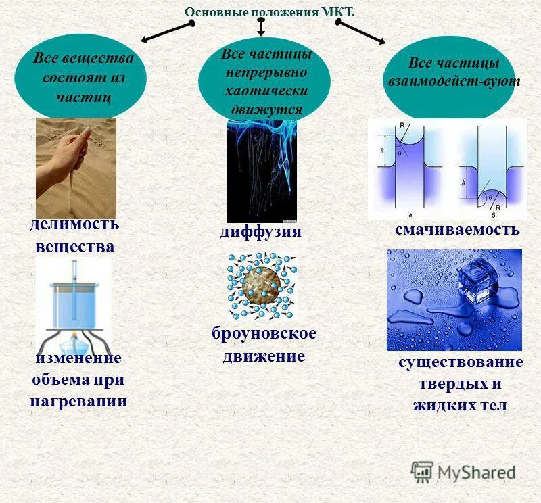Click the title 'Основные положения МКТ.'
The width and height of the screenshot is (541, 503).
click(x=269, y=12)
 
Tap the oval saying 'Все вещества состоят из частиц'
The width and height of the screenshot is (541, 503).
click(x=84, y=76)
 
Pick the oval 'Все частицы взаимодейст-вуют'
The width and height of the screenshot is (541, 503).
click(x=453, y=72)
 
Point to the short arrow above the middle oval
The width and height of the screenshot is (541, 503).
click(x=261, y=27)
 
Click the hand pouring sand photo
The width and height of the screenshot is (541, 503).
click(x=76, y=167)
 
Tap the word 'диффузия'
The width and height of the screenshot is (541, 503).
click(x=260, y=232)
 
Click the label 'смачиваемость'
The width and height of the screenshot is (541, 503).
click(x=457, y=230)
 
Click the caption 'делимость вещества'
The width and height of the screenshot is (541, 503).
click(x=74, y=235)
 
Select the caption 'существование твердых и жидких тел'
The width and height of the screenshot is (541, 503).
click(x=460, y=384)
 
